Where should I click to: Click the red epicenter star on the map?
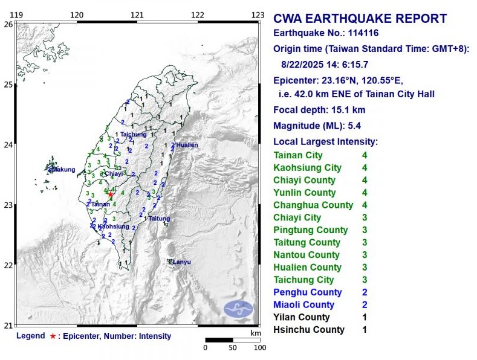point(110,194)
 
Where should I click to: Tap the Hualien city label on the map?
point(187,145)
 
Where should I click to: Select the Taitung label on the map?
point(160,219)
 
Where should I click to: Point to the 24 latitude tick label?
point(8,144)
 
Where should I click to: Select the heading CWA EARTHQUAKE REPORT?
point(360,19)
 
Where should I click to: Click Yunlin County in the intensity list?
point(304,193)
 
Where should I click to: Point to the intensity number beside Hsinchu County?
point(365,330)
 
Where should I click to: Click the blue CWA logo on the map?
point(239,309)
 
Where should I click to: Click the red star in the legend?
point(53,336)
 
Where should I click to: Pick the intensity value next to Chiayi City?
point(365,217)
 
